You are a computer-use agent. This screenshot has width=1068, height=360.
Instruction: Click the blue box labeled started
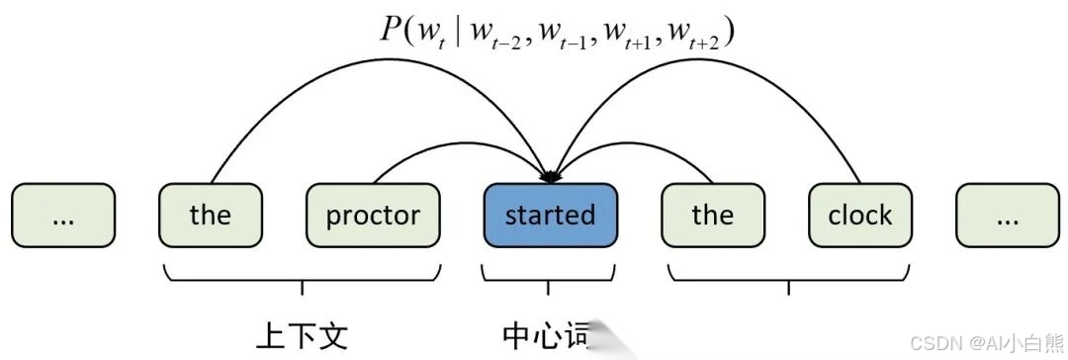point(551,215)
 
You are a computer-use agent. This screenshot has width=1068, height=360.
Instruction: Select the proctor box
point(373,215)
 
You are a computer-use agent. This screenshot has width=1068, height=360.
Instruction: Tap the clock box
point(859,215)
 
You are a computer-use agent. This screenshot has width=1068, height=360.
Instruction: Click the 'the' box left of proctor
point(211,215)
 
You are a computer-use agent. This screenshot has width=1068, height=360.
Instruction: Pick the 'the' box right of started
point(713,215)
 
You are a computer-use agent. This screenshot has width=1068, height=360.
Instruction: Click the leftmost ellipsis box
point(63,215)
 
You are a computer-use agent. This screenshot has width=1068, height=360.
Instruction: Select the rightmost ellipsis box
point(1007,215)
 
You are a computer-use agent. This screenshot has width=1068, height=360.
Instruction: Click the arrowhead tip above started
point(550,179)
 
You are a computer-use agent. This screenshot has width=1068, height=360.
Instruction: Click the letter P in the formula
point(390,29)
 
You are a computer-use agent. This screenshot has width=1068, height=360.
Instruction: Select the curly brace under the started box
point(548,277)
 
